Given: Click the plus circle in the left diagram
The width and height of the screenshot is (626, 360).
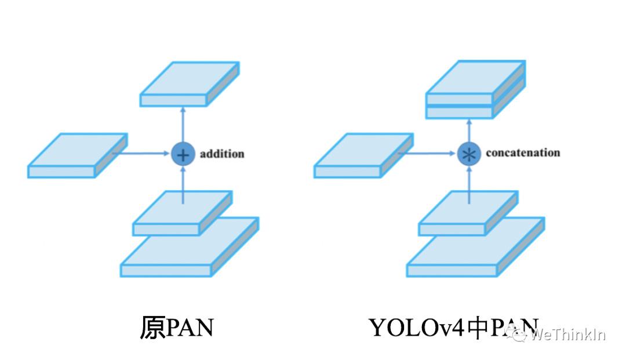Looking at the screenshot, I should click(x=183, y=154).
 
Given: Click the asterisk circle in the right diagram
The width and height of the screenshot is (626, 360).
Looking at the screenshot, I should click(x=469, y=154).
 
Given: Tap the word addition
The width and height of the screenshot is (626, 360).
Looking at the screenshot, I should click(x=222, y=154).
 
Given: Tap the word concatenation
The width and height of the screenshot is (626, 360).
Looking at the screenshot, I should click(x=522, y=153).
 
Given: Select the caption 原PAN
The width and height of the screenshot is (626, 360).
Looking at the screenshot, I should click(x=177, y=328).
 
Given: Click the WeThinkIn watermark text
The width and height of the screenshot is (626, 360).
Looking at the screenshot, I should click(x=568, y=335).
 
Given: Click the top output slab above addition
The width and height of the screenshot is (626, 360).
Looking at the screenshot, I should click(x=188, y=85).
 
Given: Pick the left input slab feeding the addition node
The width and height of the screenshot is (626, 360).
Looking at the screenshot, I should click(x=77, y=155).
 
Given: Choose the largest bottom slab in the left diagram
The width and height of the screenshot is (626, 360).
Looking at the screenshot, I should click(x=188, y=249).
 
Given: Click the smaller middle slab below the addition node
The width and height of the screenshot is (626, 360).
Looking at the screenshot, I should click(x=181, y=214).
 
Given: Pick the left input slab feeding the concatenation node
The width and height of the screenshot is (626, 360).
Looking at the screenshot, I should click(x=363, y=155).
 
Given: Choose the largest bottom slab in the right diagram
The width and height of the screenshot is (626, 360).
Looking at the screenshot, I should click(x=474, y=249).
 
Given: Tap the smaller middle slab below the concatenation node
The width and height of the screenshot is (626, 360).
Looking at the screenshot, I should click(x=467, y=214).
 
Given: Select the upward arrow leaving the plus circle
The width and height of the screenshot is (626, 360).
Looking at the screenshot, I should click(x=183, y=125).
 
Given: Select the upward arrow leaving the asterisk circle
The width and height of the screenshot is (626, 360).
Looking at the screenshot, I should click(x=469, y=130).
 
